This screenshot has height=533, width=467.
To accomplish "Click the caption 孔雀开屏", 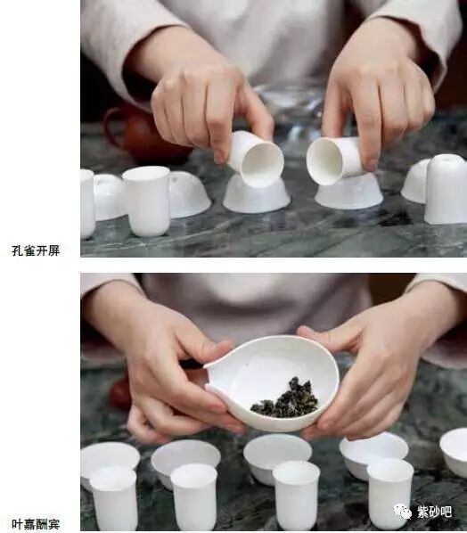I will point(36,250).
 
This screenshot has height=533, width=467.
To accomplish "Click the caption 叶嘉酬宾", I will point(36,524).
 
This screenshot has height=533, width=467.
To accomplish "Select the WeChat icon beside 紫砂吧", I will point(405,512).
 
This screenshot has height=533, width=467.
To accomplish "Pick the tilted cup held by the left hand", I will point(254,158).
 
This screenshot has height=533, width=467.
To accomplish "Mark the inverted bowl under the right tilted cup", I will point(349,192).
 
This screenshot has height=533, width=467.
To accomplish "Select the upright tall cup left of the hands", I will point(146,201).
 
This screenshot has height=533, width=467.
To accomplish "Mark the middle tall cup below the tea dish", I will point(296,495).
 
